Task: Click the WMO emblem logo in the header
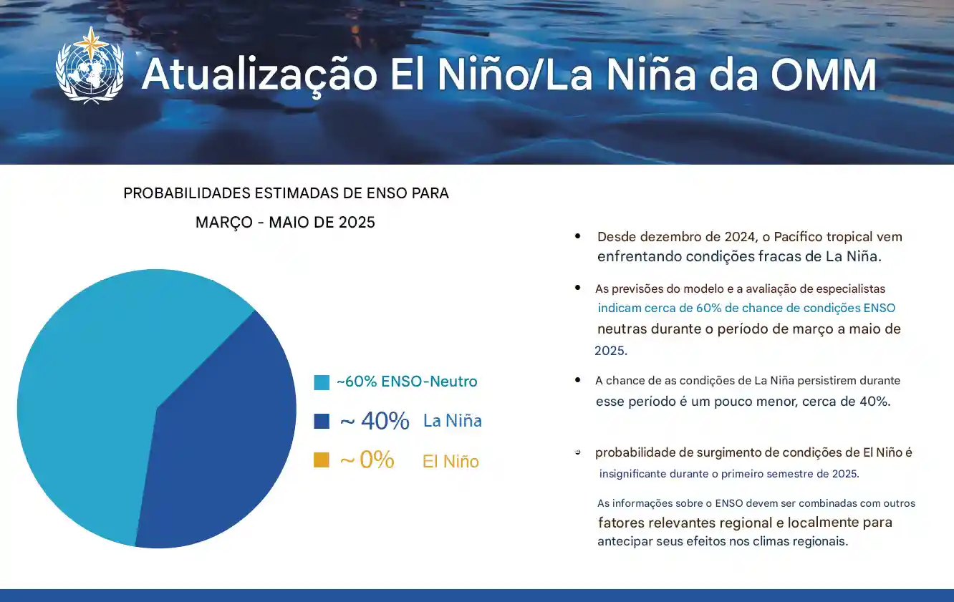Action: [90, 66]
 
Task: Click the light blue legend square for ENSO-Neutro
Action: [322, 382]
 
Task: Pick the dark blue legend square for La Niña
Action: [322, 421]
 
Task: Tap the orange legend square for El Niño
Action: [322, 460]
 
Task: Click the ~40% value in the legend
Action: [375, 421]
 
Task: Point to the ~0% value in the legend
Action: [367, 460]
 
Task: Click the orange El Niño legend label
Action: [450, 462]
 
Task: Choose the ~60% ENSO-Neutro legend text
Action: [407, 382]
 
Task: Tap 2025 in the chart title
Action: [357, 223]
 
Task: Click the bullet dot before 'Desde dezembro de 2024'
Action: [578, 236]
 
